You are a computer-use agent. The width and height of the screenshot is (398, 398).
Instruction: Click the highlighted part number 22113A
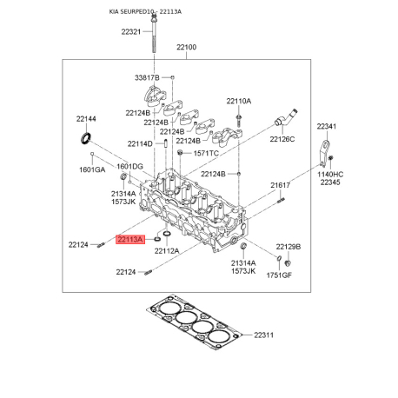pyautogui.click(x=130, y=239)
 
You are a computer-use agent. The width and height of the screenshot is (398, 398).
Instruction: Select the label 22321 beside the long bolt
pyautogui.click(x=131, y=31)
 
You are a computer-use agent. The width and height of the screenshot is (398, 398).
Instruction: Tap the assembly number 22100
pyautogui.click(x=187, y=47)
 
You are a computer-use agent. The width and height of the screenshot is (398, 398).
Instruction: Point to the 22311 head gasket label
pyautogui.click(x=263, y=335)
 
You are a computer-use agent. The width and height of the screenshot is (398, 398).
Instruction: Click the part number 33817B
pyautogui.click(x=147, y=77)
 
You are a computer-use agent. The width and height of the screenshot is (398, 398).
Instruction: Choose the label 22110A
pyautogui.click(x=239, y=101)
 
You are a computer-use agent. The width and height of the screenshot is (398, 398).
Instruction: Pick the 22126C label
pyautogui.click(x=282, y=139)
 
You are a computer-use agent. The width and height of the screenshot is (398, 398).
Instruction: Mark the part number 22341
pyautogui.click(x=327, y=126)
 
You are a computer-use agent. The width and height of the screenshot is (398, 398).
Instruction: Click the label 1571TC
pyautogui.click(x=206, y=153)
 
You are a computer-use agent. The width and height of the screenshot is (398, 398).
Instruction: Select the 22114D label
pyautogui.click(x=140, y=143)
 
